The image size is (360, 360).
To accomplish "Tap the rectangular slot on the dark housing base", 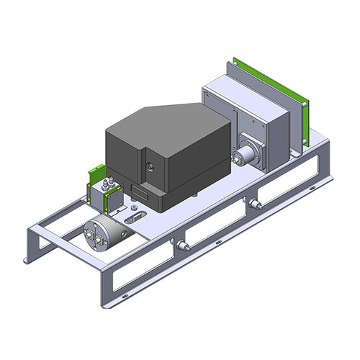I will [141, 192].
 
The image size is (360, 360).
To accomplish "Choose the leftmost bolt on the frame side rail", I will [180, 246].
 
